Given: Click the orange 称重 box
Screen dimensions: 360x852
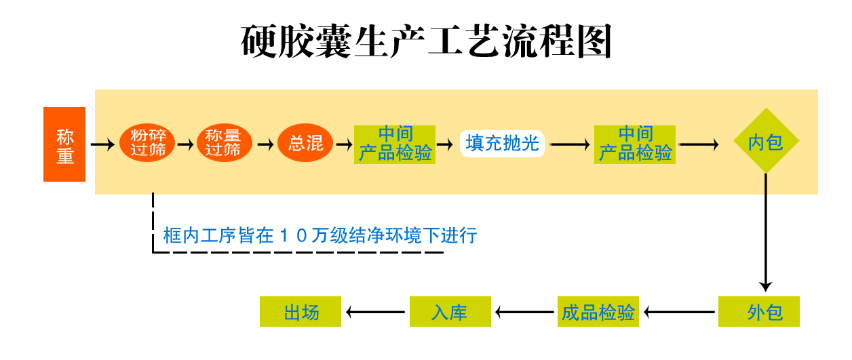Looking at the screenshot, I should [x=64, y=144].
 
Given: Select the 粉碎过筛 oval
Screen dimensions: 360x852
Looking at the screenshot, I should [x=148, y=144].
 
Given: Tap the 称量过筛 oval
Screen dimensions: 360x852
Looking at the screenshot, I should [x=224, y=144].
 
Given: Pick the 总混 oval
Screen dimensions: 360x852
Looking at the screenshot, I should [x=305, y=144].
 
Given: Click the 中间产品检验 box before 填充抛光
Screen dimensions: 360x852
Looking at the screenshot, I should [x=395, y=144].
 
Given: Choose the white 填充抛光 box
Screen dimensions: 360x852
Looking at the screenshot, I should [x=503, y=144].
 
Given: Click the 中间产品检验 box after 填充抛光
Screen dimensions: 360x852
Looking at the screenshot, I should [x=635, y=144].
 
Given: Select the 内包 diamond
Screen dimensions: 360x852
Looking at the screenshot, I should [x=766, y=142].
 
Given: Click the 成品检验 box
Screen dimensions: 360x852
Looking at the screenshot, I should [x=598, y=312].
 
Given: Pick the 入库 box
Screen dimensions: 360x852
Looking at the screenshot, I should [x=450, y=312].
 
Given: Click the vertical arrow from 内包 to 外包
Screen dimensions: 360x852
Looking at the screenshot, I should [x=766, y=231].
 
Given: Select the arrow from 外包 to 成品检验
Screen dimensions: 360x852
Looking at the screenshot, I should [x=680, y=312].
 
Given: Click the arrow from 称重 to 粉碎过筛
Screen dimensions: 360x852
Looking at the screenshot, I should [x=102, y=144].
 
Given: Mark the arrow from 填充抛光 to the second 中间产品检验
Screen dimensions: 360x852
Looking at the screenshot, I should [x=570, y=144].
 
